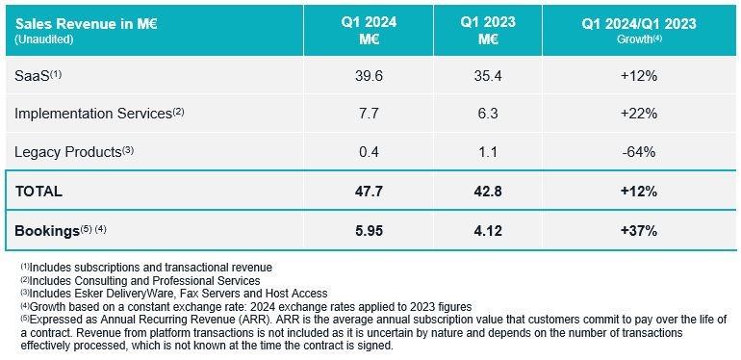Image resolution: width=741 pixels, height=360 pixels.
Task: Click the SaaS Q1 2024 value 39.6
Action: point(369,76)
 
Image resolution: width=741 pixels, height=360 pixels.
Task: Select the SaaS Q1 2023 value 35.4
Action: point(488,76)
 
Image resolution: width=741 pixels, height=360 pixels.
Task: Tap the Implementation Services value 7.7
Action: point(369,114)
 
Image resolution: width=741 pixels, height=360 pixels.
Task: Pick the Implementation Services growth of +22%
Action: point(639,114)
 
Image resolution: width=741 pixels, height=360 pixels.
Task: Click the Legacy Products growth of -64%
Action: point(639,152)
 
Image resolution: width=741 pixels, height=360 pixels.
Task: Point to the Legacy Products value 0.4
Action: point(369,152)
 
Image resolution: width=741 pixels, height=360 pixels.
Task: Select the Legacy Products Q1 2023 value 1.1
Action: point(488,152)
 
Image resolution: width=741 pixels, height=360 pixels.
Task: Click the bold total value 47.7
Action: point(369,192)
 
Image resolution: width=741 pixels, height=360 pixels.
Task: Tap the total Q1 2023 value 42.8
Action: point(488,192)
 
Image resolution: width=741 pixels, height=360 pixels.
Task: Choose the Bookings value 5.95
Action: point(369,231)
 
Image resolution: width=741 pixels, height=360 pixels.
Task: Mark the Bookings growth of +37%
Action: point(639,231)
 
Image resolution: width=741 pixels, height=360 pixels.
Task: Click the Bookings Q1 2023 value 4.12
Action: point(488,231)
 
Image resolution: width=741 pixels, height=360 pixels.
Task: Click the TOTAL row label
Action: point(38,192)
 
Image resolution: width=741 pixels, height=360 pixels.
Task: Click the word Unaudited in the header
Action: point(44,40)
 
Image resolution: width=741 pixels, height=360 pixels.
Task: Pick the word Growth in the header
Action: point(634,39)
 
